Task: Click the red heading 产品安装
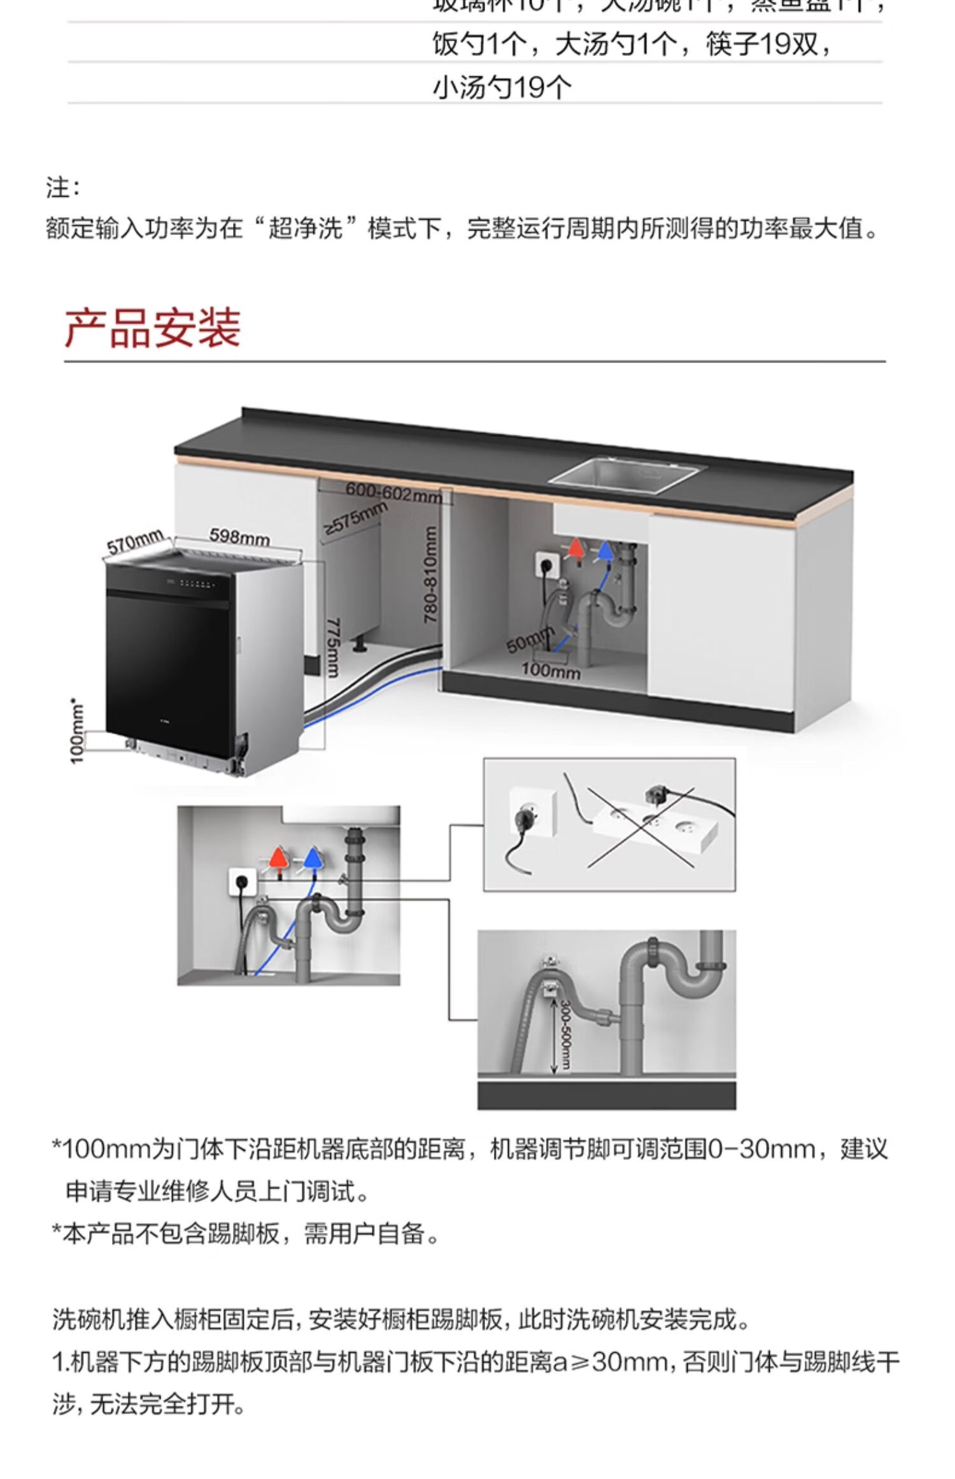[152, 328]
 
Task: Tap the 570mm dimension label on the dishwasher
[135, 543]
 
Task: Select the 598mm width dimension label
[239, 537]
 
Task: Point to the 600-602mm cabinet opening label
[393, 492]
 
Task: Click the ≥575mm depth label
[355, 518]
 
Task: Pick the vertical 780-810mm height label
[431, 574]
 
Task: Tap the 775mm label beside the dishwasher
[333, 647]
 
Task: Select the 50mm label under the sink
[529, 640]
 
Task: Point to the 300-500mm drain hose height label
[565, 1035]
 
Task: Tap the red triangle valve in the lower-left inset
[278, 858]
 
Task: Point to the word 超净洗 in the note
[305, 228]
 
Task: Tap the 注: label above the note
[62, 188]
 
